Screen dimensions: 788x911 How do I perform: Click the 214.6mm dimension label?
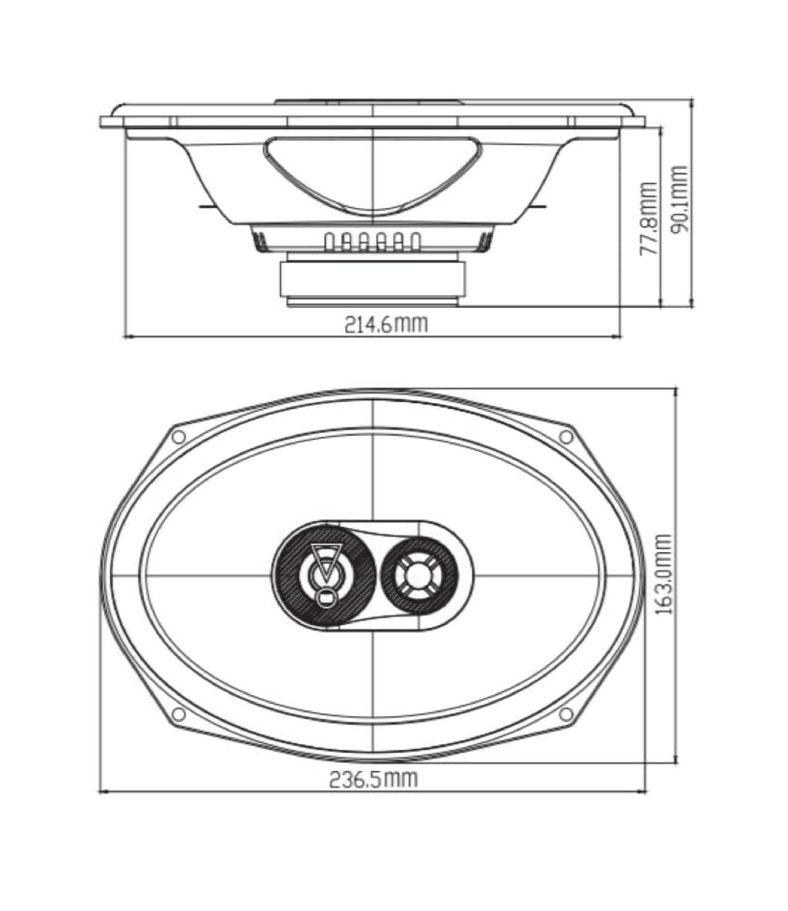point(385,325)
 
